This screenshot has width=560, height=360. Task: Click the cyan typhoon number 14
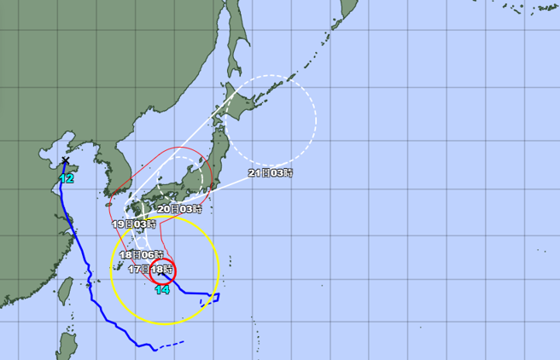(162, 290)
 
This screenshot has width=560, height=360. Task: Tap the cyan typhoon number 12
(66, 178)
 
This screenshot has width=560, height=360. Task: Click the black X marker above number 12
(65, 160)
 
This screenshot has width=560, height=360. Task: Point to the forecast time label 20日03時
(179, 208)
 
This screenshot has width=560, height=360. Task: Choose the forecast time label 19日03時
(134, 224)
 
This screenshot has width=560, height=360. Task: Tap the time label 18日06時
(139, 255)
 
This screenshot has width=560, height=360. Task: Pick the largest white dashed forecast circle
(271, 120)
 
